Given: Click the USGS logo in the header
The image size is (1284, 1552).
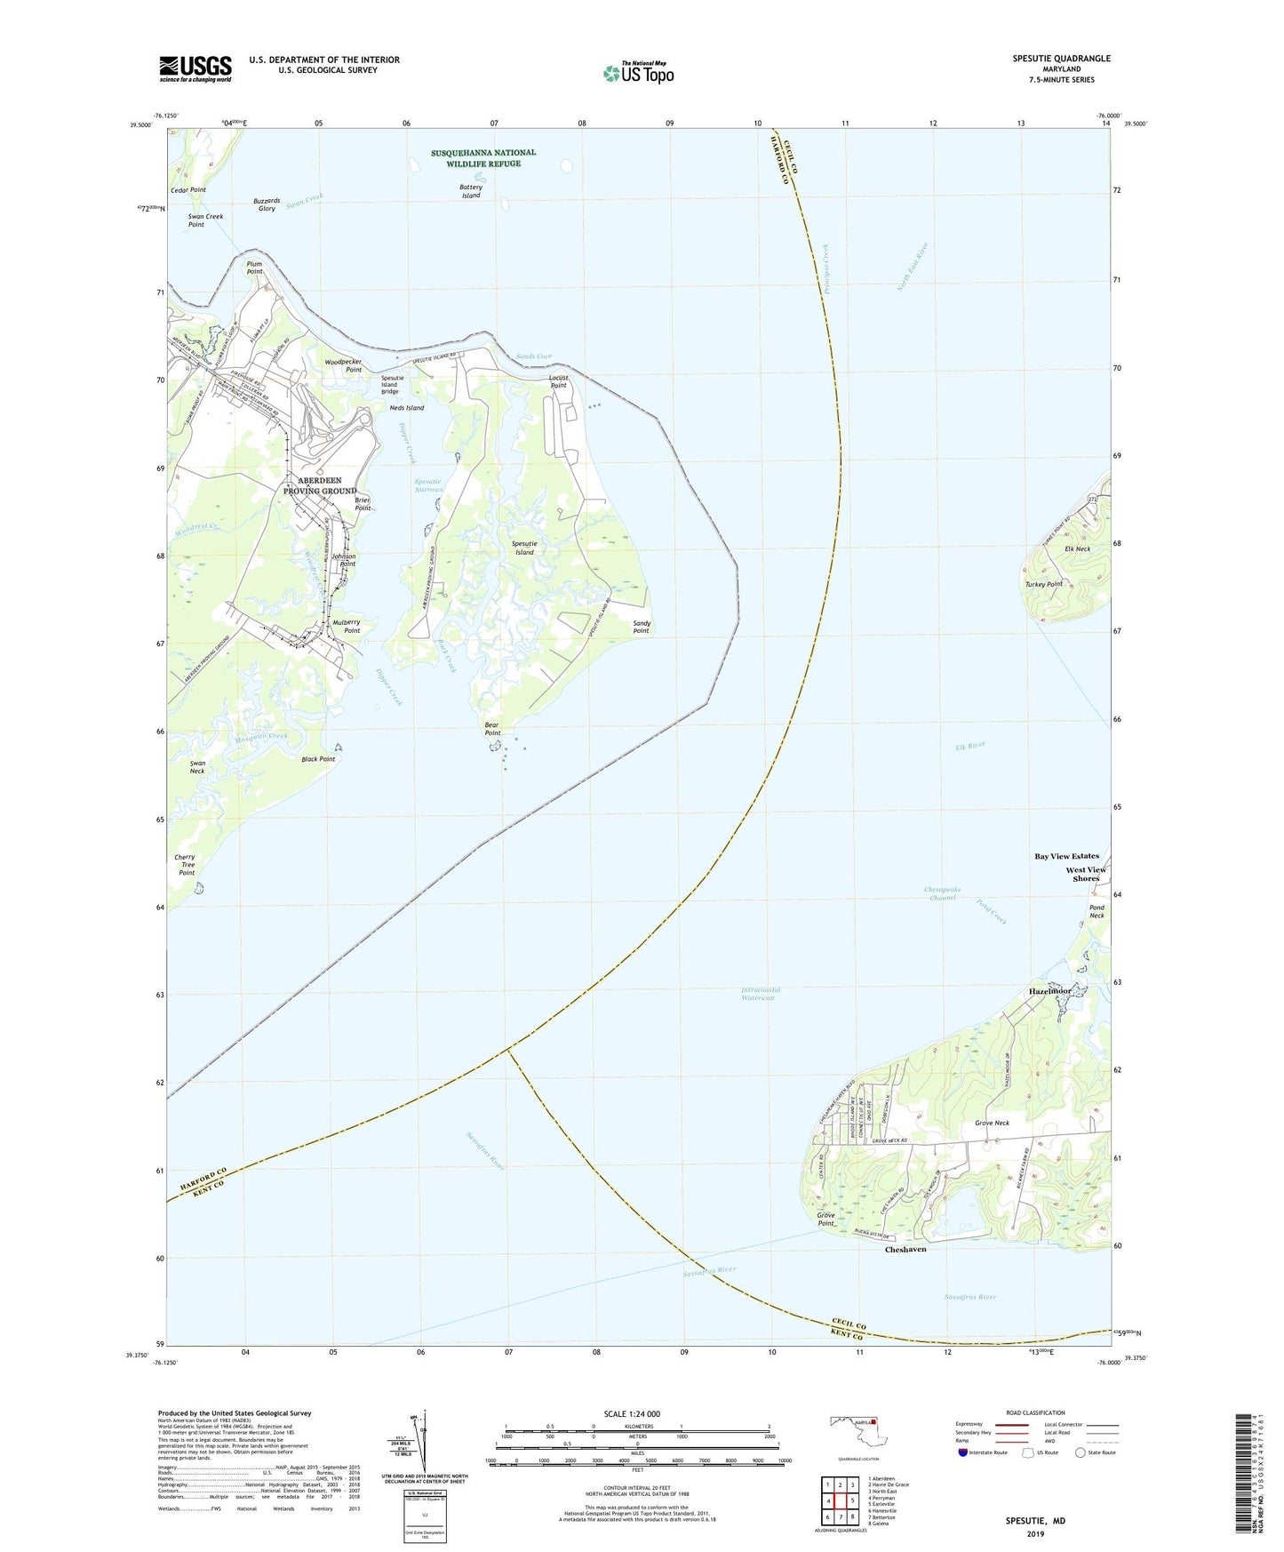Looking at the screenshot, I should point(195,68).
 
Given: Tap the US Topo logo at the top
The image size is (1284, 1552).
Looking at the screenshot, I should point(637,73).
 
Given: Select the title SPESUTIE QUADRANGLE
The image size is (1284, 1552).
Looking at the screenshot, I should point(1061,59).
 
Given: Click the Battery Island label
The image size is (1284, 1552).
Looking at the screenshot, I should point(471,191).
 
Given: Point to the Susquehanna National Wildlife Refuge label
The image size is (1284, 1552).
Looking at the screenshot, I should point(483,158).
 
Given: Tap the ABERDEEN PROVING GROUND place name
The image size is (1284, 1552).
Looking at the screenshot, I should point(320,486).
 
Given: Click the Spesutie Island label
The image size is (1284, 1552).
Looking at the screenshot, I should point(524,548).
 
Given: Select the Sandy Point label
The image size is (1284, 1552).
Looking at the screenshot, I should point(642,627).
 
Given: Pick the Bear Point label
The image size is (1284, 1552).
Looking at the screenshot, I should point(492,729).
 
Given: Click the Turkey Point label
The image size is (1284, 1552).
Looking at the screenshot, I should point(1043,584).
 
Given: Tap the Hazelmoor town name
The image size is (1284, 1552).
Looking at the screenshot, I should point(1051,991).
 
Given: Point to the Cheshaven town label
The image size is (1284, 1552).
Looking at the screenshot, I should point(905,1249).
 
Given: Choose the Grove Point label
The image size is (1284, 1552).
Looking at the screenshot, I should point(826,1219).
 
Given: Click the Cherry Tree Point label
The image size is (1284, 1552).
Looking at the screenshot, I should point(186,865).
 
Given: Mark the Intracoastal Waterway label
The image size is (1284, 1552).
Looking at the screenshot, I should point(761,994).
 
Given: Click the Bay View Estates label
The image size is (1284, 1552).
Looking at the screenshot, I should point(1066,856).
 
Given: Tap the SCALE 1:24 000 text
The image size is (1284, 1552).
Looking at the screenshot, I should point(632,1413).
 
